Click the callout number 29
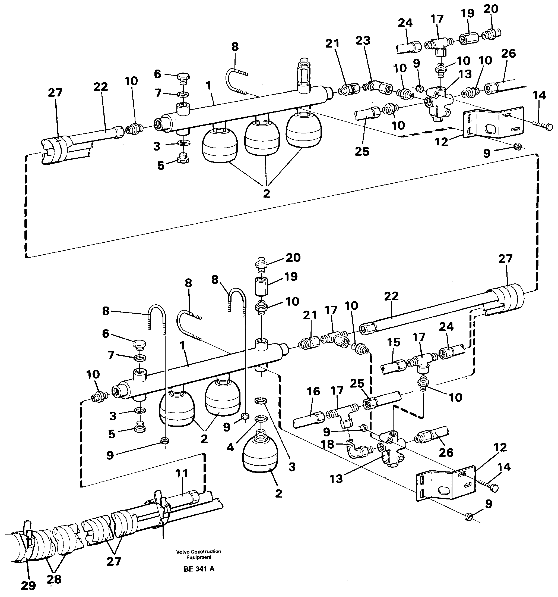pyautogui.click(x=28, y=585)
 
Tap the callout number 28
pyautogui.click(x=54, y=579)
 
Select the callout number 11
pyautogui.click(x=182, y=474)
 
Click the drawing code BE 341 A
pyautogui.click(x=199, y=569)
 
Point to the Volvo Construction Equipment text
pyautogui.click(x=199, y=554)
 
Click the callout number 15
pyautogui.click(x=394, y=342)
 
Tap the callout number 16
pyautogui.click(x=313, y=391)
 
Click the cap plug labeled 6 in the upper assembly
pyautogui.click(x=182, y=77)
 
